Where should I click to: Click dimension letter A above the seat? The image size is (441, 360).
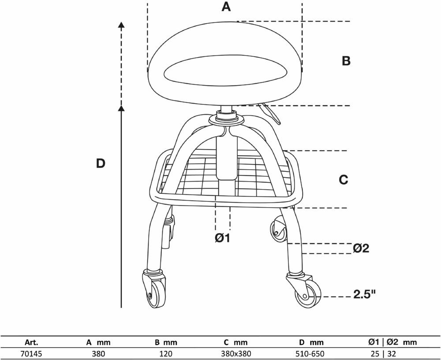[x=226, y=7]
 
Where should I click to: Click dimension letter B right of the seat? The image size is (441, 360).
[x=346, y=61]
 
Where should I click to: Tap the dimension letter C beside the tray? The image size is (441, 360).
[x=344, y=180]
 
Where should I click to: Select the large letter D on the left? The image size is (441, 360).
[x=101, y=163]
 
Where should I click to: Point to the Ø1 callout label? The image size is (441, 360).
[x=223, y=238]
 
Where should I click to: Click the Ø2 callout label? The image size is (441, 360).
[x=361, y=249]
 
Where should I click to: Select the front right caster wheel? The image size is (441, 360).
[x=307, y=294]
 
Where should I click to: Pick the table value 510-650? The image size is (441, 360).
[x=311, y=353]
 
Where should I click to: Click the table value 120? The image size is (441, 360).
[x=166, y=353]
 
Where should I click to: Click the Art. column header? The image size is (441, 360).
[x=32, y=342]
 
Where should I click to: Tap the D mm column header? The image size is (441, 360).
[x=311, y=342]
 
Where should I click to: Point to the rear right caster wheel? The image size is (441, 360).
[x=277, y=230]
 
